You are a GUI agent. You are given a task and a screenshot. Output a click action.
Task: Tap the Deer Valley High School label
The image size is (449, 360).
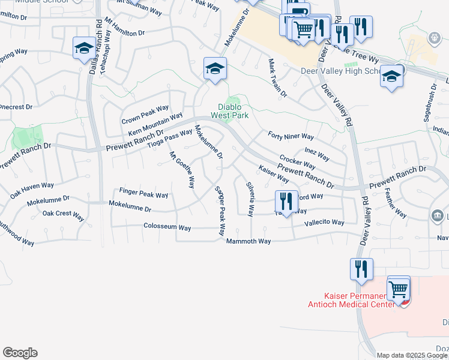(x=340, y=71)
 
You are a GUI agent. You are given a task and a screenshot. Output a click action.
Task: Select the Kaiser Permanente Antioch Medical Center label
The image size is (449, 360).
(x=359, y=299)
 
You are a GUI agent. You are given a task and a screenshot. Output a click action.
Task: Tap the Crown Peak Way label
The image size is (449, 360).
(x=145, y=112)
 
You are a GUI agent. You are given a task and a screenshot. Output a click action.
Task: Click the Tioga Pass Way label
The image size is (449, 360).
(x=170, y=137)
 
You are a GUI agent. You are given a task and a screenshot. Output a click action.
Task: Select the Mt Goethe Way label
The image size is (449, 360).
(x=182, y=170)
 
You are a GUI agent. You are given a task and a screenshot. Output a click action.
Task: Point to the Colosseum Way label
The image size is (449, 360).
(x=167, y=227)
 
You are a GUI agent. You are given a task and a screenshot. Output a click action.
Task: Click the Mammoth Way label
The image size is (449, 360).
(x=249, y=241)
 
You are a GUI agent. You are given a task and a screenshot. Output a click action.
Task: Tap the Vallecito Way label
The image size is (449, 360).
(x=324, y=223)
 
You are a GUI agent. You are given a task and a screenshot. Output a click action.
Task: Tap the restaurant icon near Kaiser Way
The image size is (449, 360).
(x=286, y=201)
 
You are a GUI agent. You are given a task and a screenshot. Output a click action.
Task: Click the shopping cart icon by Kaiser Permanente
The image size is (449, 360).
(x=398, y=289)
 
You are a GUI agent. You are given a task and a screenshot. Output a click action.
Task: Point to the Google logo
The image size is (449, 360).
(x=20, y=353)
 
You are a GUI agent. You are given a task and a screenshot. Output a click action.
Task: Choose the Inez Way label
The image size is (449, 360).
(x=317, y=154)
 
